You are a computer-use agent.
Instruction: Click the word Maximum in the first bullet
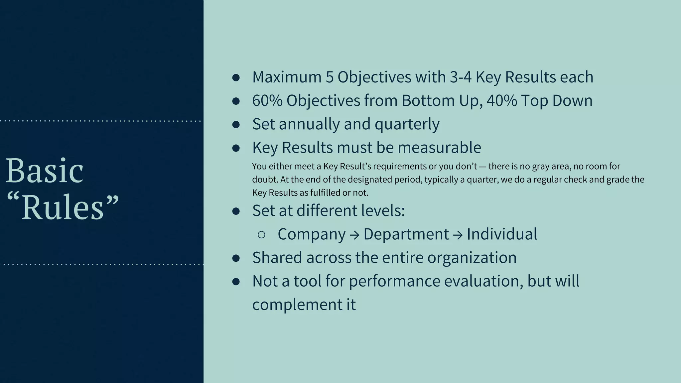click(287, 77)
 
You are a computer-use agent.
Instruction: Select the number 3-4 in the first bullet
click(461, 77)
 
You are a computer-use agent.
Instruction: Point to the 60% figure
click(267, 100)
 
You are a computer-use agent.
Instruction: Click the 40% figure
click(502, 100)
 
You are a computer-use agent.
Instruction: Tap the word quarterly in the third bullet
click(407, 124)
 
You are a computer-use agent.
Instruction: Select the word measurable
click(439, 148)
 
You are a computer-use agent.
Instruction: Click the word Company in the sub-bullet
click(312, 234)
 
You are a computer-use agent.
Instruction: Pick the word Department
click(406, 234)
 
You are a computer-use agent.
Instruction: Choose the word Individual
click(502, 234)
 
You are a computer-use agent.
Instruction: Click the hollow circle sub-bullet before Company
click(261, 235)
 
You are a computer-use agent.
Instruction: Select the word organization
click(472, 258)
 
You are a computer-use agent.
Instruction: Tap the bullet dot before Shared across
click(236, 258)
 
